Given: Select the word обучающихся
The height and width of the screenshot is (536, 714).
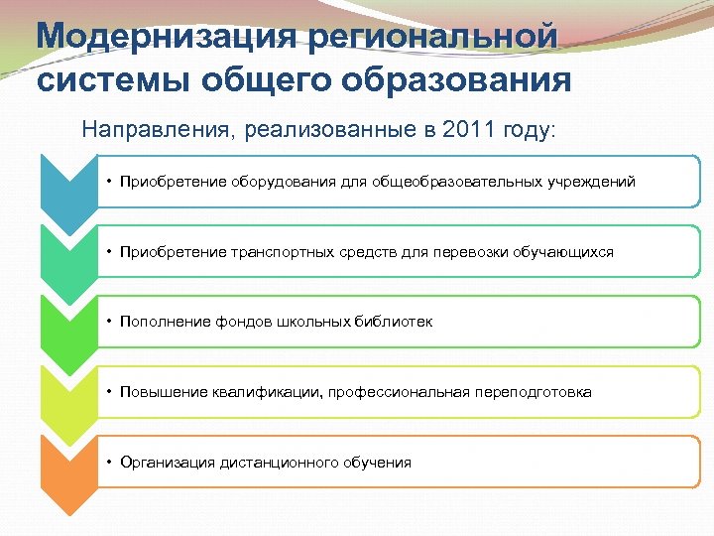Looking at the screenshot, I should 563,252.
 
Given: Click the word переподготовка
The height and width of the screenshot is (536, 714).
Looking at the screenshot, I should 533,392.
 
